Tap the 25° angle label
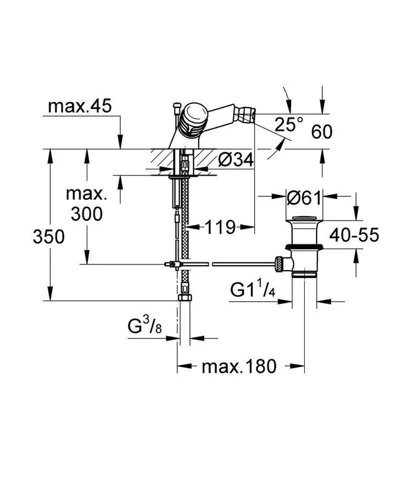[x=289, y=124]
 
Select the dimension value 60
[x=322, y=131]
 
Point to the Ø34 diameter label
[x=236, y=159]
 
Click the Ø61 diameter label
[x=304, y=198]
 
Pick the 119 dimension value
[x=220, y=227]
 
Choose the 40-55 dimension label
[x=354, y=235]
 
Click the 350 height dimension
[x=49, y=237]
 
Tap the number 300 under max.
[x=87, y=214]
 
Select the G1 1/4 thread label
[x=252, y=290]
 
